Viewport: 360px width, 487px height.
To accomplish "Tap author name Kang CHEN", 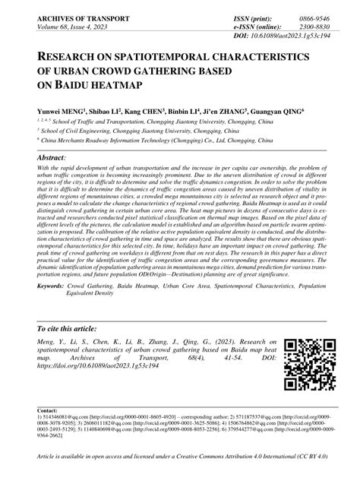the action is tap(142, 109).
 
